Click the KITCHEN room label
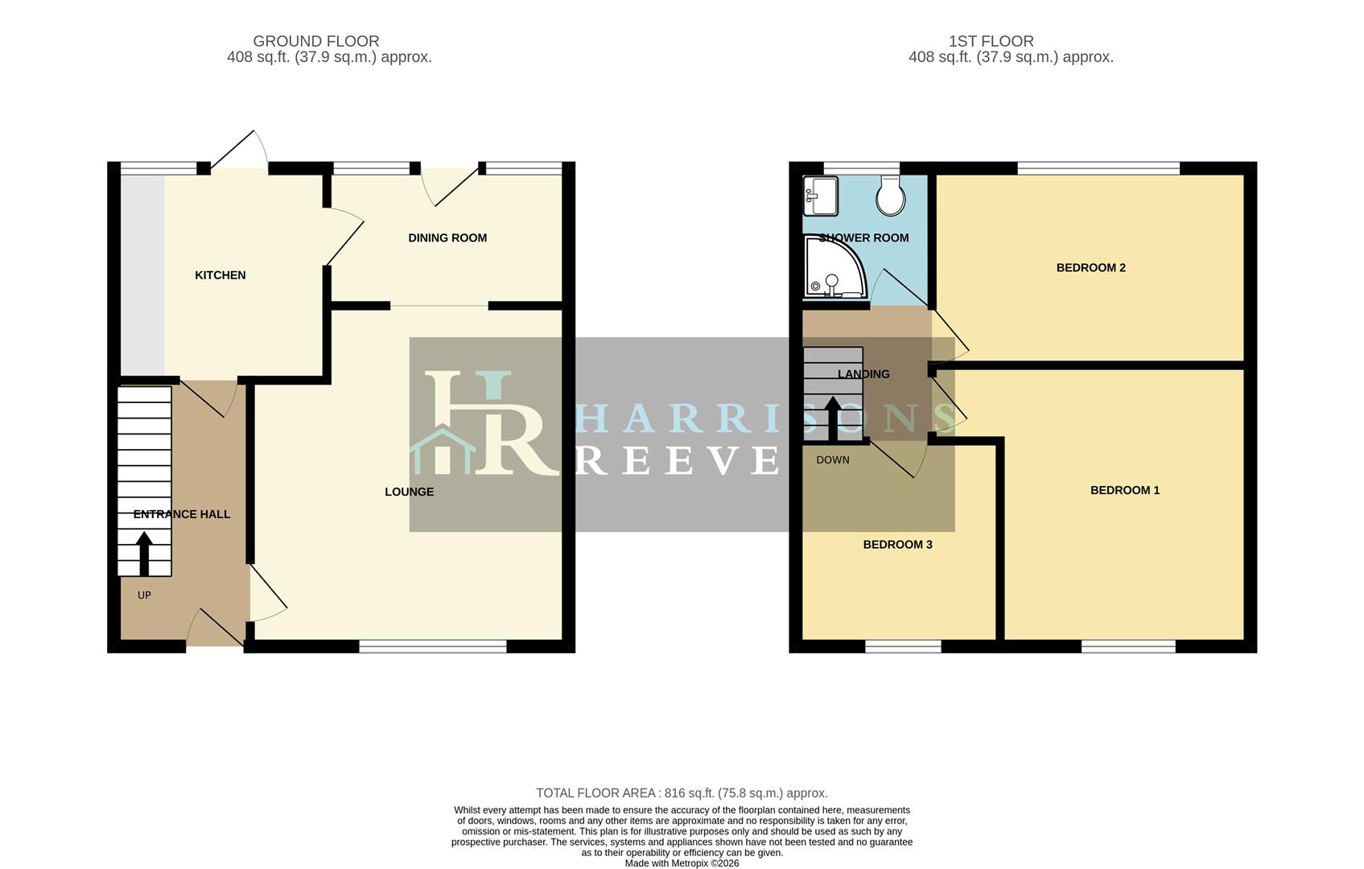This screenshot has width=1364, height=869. (x=220, y=275)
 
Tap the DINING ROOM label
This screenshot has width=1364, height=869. (x=447, y=238)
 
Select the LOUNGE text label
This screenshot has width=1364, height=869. (x=409, y=492)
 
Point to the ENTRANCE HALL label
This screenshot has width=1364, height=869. (x=181, y=515)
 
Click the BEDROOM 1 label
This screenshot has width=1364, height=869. (x=1125, y=490)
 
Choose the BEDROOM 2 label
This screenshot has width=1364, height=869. (x=1090, y=268)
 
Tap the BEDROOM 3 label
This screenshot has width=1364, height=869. (x=897, y=545)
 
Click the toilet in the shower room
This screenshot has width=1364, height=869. (x=890, y=196)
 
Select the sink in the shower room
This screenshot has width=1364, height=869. (x=820, y=196)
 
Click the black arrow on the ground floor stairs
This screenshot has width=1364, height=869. (x=144, y=554)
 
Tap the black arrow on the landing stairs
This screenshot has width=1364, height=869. (x=832, y=418)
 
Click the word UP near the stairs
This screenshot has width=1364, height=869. (x=144, y=595)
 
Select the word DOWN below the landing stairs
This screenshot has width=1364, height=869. (x=832, y=460)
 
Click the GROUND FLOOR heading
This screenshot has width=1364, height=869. (x=316, y=41)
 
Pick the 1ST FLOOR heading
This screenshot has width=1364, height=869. (x=991, y=41)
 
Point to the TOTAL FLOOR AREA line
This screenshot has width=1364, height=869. (x=682, y=793)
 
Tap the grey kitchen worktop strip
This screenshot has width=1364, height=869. (x=142, y=274)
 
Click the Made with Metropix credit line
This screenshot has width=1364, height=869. (x=682, y=863)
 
